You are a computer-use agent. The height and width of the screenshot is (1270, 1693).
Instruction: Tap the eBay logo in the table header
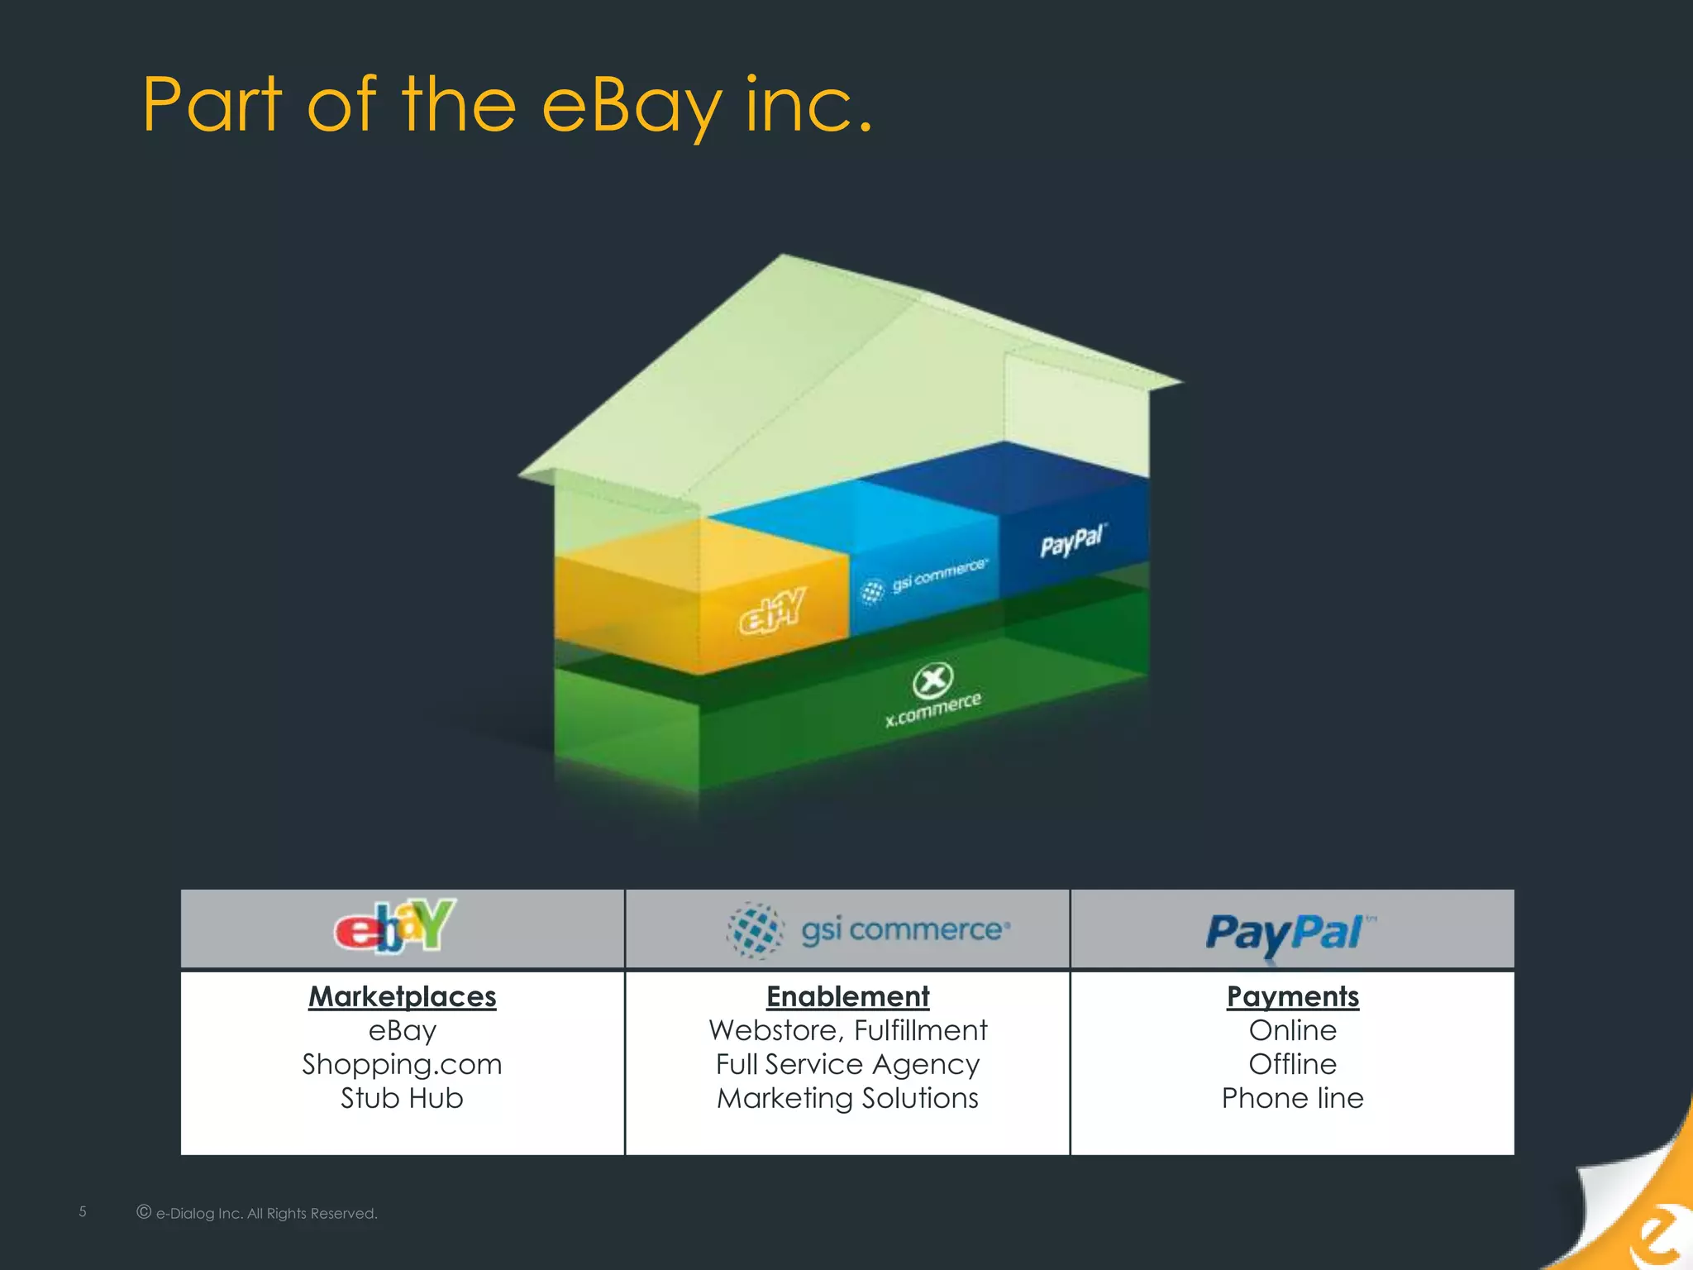pos(395,927)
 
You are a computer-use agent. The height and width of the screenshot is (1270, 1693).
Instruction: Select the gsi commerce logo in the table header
pos(868,930)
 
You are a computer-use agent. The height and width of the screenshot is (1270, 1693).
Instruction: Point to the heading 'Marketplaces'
pos(402,996)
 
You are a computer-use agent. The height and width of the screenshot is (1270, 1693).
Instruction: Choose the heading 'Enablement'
pos(847,996)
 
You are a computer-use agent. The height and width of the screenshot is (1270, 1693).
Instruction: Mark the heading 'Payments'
pos(1292,996)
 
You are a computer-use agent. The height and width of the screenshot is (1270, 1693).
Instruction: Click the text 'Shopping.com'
pos(402,1064)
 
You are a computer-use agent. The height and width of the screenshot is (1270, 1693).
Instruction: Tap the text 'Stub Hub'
pos(402,1098)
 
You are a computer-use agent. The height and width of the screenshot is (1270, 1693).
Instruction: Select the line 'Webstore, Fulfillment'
pos(847,1030)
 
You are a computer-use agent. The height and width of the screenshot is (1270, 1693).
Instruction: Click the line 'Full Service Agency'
pos(847,1064)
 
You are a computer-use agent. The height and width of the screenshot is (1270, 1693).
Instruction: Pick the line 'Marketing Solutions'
pos(847,1098)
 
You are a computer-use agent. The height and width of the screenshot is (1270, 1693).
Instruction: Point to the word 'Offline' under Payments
pos(1292,1064)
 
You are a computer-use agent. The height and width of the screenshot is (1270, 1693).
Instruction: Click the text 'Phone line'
pos(1292,1098)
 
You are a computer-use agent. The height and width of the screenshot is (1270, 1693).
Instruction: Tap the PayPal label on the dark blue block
pos(1072,542)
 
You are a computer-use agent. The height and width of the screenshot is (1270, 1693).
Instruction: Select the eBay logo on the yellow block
pos(772,611)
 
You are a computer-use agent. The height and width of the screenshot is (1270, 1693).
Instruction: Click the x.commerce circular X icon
pos(932,680)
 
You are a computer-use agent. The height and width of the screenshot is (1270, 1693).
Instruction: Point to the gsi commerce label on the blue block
pos(926,579)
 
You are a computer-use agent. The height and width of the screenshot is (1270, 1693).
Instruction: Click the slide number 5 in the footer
pos(83,1211)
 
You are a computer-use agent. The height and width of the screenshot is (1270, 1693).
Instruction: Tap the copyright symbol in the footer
pos(144,1212)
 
